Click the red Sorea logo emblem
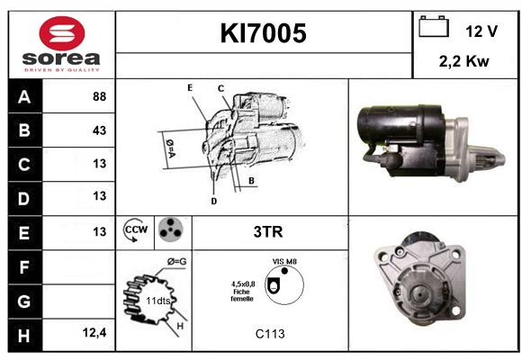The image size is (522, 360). (62, 33)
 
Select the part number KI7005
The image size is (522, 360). (263, 33)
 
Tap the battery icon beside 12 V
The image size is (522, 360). (434, 26)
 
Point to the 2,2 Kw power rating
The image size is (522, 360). (464, 61)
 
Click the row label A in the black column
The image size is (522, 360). (24, 97)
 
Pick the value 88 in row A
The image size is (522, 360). (100, 96)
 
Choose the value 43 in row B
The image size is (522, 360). (100, 130)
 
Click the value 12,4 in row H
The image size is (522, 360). (94, 332)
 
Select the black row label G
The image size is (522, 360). (24, 301)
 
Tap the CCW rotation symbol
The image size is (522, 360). (136, 229)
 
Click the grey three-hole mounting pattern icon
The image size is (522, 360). (170, 229)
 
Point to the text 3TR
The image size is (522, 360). (268, 232)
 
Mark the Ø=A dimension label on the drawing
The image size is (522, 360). (170, 148)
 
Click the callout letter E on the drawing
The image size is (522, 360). (190, 88)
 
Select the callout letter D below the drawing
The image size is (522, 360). (213, 201)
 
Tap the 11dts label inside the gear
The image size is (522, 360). (158, 301)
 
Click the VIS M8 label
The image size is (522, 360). (284, 261)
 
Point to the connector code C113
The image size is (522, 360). (270, 334)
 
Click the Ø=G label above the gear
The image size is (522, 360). (176, 262)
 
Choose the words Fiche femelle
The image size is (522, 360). (242, 295)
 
